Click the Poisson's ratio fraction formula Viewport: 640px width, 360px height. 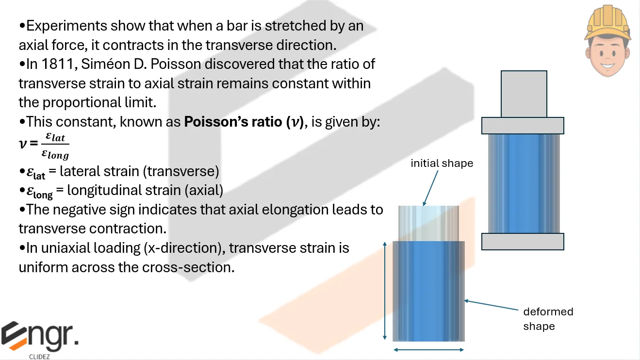[x=44, y=146]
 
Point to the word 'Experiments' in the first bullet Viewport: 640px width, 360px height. [x=66, y=26]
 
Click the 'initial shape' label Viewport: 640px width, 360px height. [x=442, y=164]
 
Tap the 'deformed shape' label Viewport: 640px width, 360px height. [x=548, y=319]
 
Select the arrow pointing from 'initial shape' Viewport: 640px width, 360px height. [x=430, y=188]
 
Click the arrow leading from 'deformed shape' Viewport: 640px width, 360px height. [x=491, y=305]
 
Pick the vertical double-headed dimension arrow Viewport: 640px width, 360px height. [x=385, y=291]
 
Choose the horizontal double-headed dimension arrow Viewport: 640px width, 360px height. [x=428, y=350]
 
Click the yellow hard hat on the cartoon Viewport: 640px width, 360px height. [x=607, y=23]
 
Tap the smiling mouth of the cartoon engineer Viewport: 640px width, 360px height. [x=607, y=65]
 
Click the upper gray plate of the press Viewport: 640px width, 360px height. [x=523, y=126]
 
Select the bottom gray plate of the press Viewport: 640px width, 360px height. [x=523, y=242]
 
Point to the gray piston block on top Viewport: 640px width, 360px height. [x=524, y=94]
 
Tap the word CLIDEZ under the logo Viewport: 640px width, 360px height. [x=39, y=357]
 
